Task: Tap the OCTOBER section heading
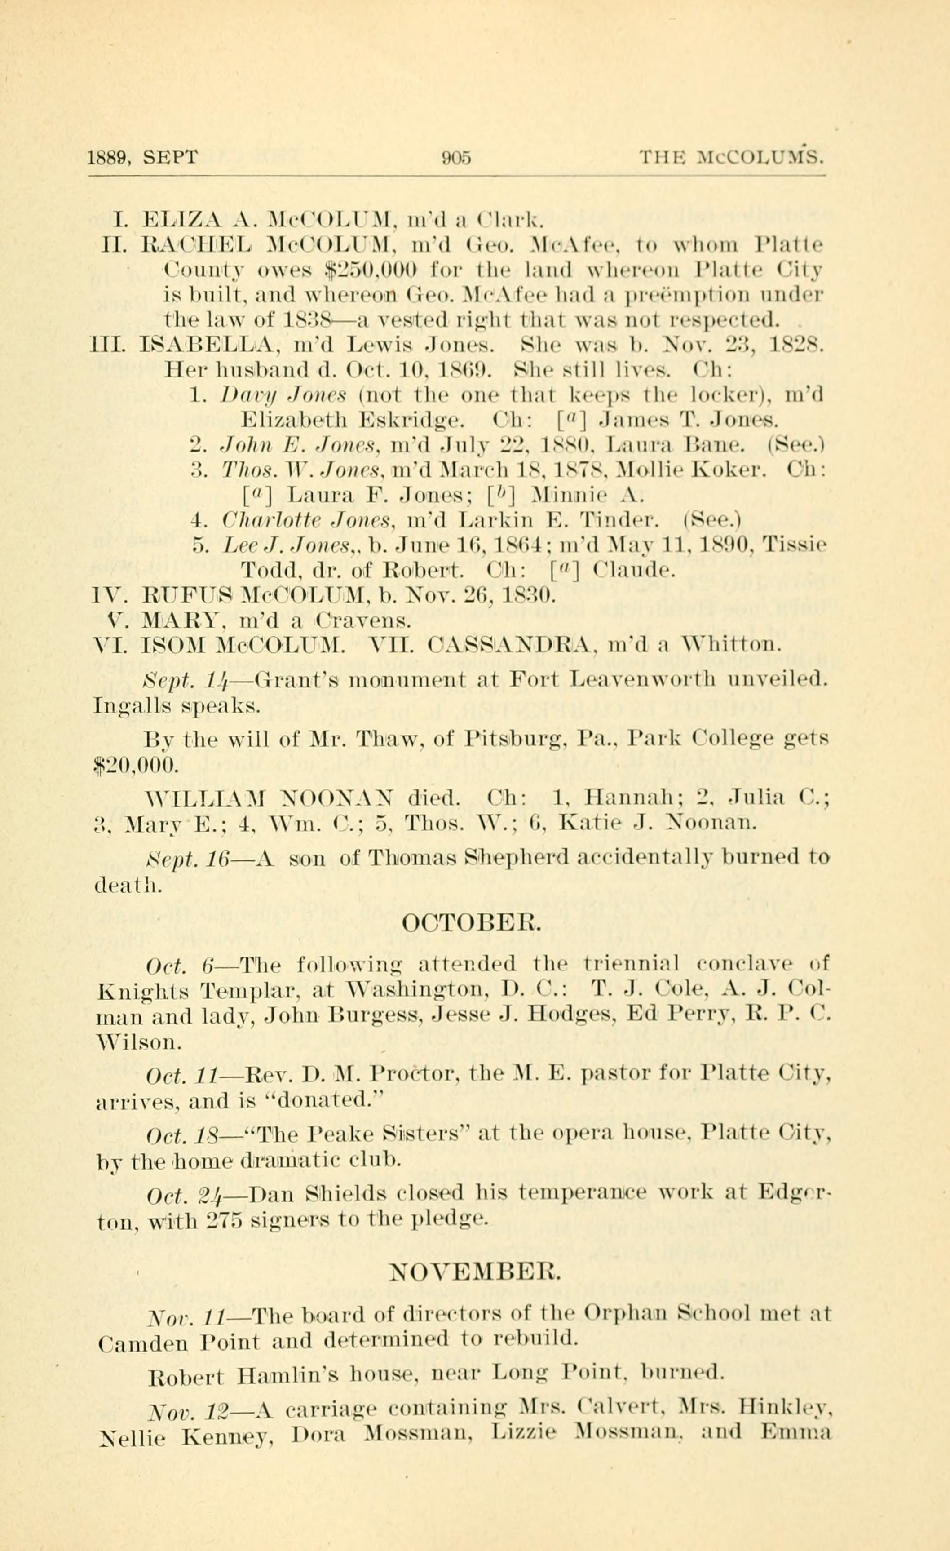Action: click(471, 923)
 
